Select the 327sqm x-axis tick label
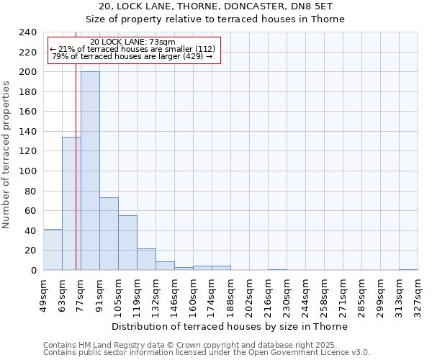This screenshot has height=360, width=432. click(418, 294)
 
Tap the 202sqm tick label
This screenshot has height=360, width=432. click(250, 294)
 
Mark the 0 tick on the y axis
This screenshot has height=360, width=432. click(34, 271)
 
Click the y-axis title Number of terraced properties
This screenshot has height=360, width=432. click(7, 154)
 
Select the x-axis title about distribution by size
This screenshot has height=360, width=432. click(230, 326)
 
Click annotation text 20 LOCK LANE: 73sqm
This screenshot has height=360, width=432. click(133, 42)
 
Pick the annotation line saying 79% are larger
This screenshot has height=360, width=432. click(132, 56)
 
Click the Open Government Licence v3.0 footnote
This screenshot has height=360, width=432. click(207, 353)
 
